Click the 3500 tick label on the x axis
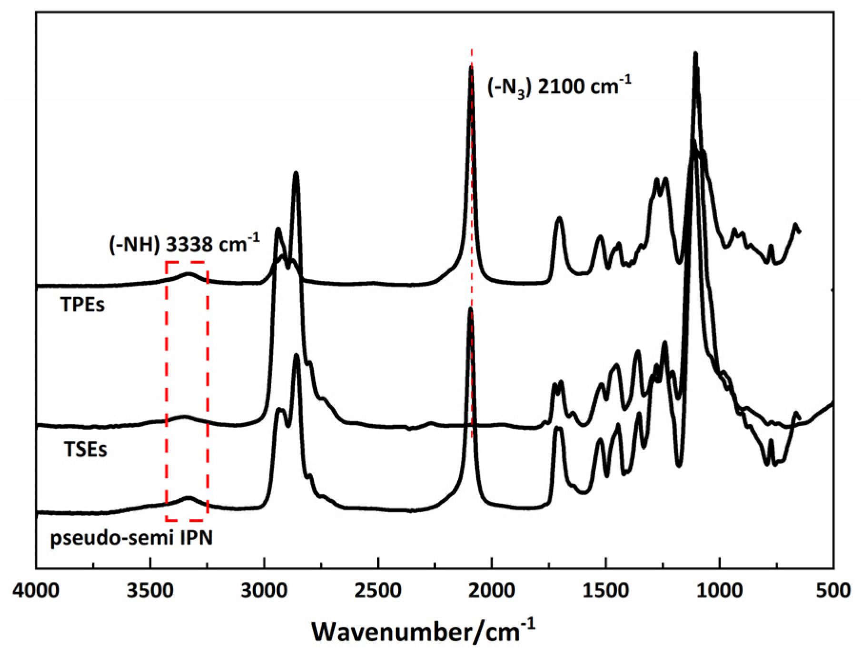click(x=150, y=590)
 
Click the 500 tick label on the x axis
click(x=833, y=590)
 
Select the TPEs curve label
click(x=82, y=305)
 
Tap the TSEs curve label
click(x=86, y=449)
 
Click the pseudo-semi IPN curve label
click(x=131, y=538)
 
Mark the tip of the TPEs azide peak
click(x=471, y=66)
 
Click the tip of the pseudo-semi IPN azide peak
click(x=471, y=309)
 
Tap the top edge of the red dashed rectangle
click(x=187, y=262)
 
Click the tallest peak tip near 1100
click(x=695, y=53)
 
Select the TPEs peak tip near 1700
click(x=560, y=218)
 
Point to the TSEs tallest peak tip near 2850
click(x=296, y=172)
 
